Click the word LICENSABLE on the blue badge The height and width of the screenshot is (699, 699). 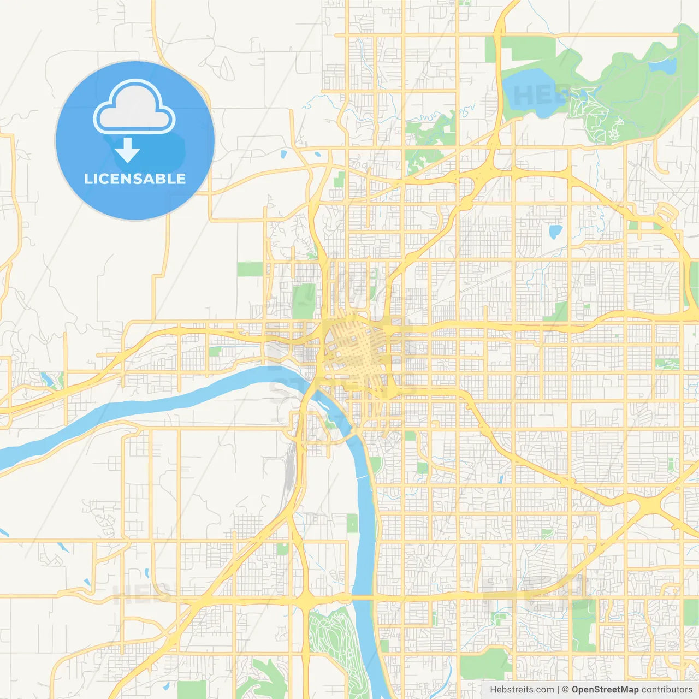(135, 179)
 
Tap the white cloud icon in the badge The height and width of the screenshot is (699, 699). (134, 107)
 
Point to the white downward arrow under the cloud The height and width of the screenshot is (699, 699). (127, 150)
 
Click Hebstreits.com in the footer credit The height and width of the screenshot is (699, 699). (522, 690)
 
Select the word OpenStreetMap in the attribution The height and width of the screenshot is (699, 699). (605, 690)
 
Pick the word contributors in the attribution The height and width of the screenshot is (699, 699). (666, 690)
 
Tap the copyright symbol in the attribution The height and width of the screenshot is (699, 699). (566, 690)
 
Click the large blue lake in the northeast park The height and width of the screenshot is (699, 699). (527, 92)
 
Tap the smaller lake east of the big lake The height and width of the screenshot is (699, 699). (662, 66)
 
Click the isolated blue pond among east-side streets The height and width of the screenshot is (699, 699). (555, 232)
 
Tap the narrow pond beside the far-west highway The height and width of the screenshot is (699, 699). (46, 377)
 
